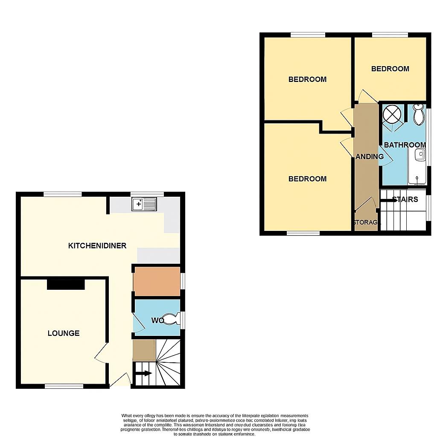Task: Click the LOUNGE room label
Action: (64, 333)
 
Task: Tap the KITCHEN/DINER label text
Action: (97, 245)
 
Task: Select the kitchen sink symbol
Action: (144, 204)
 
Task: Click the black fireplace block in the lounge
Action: (65, 284)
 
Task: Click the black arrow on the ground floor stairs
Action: (144, 373)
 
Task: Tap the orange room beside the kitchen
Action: (157, 282)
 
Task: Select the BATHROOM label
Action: (405, 145)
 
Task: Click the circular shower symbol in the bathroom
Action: (392, 114)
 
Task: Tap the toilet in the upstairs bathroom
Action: (419, 114)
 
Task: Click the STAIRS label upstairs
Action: (405, 199)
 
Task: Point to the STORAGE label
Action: (366, 222)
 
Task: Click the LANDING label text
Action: (370, 157)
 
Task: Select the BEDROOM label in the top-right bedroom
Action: (390, 69)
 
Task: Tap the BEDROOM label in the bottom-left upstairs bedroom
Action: (307, 179)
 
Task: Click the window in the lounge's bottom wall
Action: (64, 386)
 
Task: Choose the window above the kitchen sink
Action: (147, 194)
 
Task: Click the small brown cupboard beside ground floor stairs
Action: (144, 350)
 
